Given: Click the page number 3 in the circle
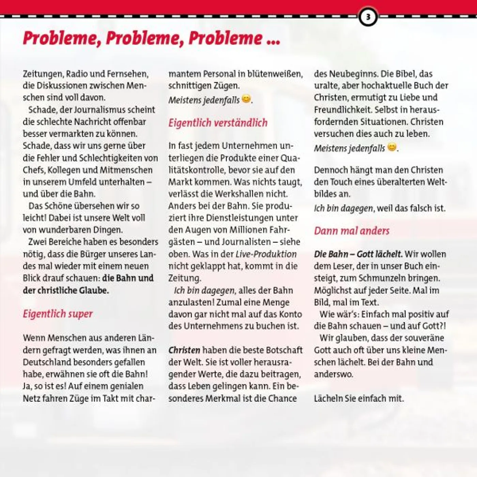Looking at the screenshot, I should [x=368, y=17].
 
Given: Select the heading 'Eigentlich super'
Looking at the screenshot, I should [x=58, y=314].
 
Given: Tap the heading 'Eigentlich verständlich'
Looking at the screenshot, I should [x=218, y=123].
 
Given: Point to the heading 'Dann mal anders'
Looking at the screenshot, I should [x=351, y=231].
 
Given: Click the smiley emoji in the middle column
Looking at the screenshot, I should [x=246, y=99].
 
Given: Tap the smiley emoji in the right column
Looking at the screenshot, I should [x=392, y=147].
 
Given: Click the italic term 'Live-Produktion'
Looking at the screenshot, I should [x=266, y=254].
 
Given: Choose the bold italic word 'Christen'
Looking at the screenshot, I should [x=184, y=350].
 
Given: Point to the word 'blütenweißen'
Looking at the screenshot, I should [x=275, y=74].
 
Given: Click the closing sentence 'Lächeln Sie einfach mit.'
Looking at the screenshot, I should [x=359, y=398].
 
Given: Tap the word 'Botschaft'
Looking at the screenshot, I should [x=284, y=350].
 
